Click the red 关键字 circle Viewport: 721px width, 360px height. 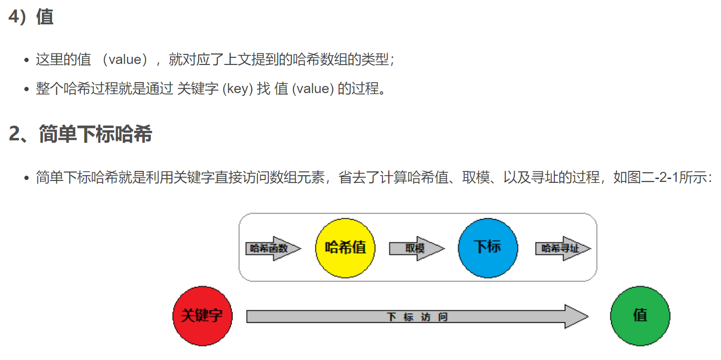[x=202, y=316]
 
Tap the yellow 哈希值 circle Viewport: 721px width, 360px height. [x=345, y=248]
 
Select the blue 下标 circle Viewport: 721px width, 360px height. [x=488, y=248]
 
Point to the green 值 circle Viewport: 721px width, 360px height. [x=640, y=316]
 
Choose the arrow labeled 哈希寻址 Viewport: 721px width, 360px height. [x=562, y=248]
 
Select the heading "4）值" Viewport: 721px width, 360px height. [x=31, y=17]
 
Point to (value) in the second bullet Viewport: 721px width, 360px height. [x=312, y=89]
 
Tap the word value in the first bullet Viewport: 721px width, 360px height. [x=125, y=60]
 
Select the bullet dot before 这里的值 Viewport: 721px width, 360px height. [x=27, y=61]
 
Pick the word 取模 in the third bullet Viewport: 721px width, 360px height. [x=475, y=178]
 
